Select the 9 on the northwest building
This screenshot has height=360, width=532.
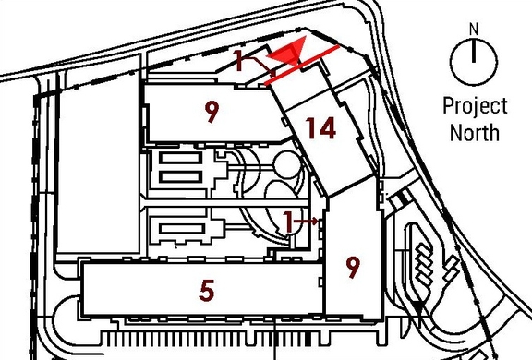pos(212,113)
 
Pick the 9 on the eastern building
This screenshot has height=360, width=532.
pos(352,268)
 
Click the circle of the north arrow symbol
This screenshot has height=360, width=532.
pos(473,61)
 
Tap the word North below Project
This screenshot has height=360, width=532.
pos(474,132)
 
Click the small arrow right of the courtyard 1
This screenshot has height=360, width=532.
pos(314,222)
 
